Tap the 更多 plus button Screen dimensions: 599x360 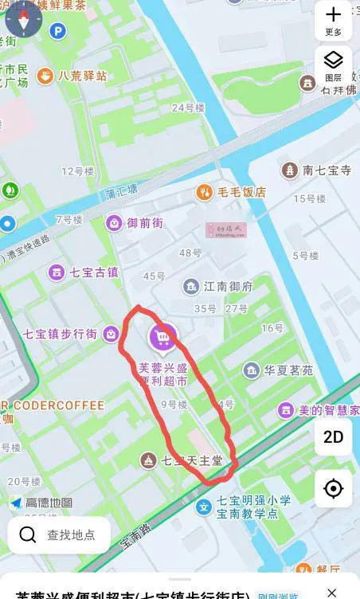333,19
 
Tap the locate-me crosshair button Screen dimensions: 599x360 333,487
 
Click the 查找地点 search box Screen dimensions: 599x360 59,534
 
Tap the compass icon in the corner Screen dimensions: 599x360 22,19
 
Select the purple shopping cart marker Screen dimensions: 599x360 163,338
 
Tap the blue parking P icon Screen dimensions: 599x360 57,31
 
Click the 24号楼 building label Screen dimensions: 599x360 189,108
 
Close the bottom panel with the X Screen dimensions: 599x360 333,592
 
